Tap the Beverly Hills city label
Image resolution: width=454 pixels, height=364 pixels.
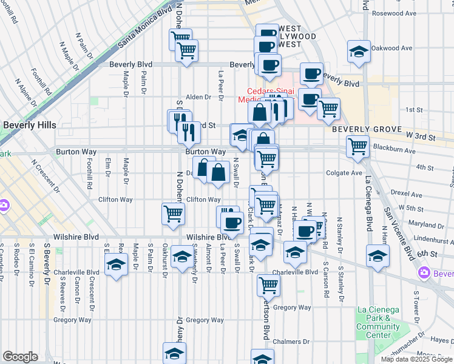[x=29, y=125]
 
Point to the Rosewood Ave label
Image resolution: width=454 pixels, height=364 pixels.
[x=395, y=13]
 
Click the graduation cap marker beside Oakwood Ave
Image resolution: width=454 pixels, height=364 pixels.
[x=359, y=51]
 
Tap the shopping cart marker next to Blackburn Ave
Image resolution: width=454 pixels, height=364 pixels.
[x=358, y=146]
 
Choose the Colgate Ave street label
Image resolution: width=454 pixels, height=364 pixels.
[x=344, y=173]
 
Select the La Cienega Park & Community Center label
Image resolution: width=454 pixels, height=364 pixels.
[x=378, y=322]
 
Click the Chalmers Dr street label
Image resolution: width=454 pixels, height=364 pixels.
[x=288, y=342]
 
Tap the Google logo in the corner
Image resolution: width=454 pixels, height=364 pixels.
[x=20, y=357]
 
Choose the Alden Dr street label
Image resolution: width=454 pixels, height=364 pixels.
[x=198, y=97]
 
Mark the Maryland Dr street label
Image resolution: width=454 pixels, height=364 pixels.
[x=423, y=224]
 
